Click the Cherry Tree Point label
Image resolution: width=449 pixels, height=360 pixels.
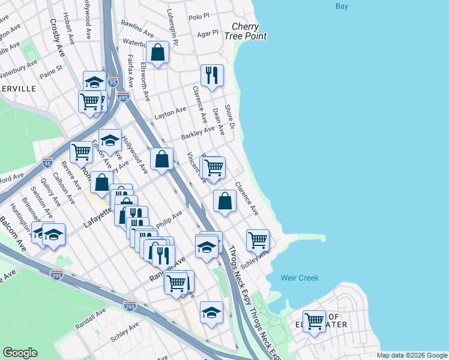249,31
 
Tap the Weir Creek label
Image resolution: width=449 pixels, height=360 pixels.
300,278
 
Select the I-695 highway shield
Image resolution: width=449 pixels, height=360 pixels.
123,96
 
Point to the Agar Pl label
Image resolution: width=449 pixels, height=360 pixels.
207,33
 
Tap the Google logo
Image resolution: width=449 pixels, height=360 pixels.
20,353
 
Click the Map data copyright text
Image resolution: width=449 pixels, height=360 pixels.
412,355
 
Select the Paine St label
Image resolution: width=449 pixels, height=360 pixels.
51,76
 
